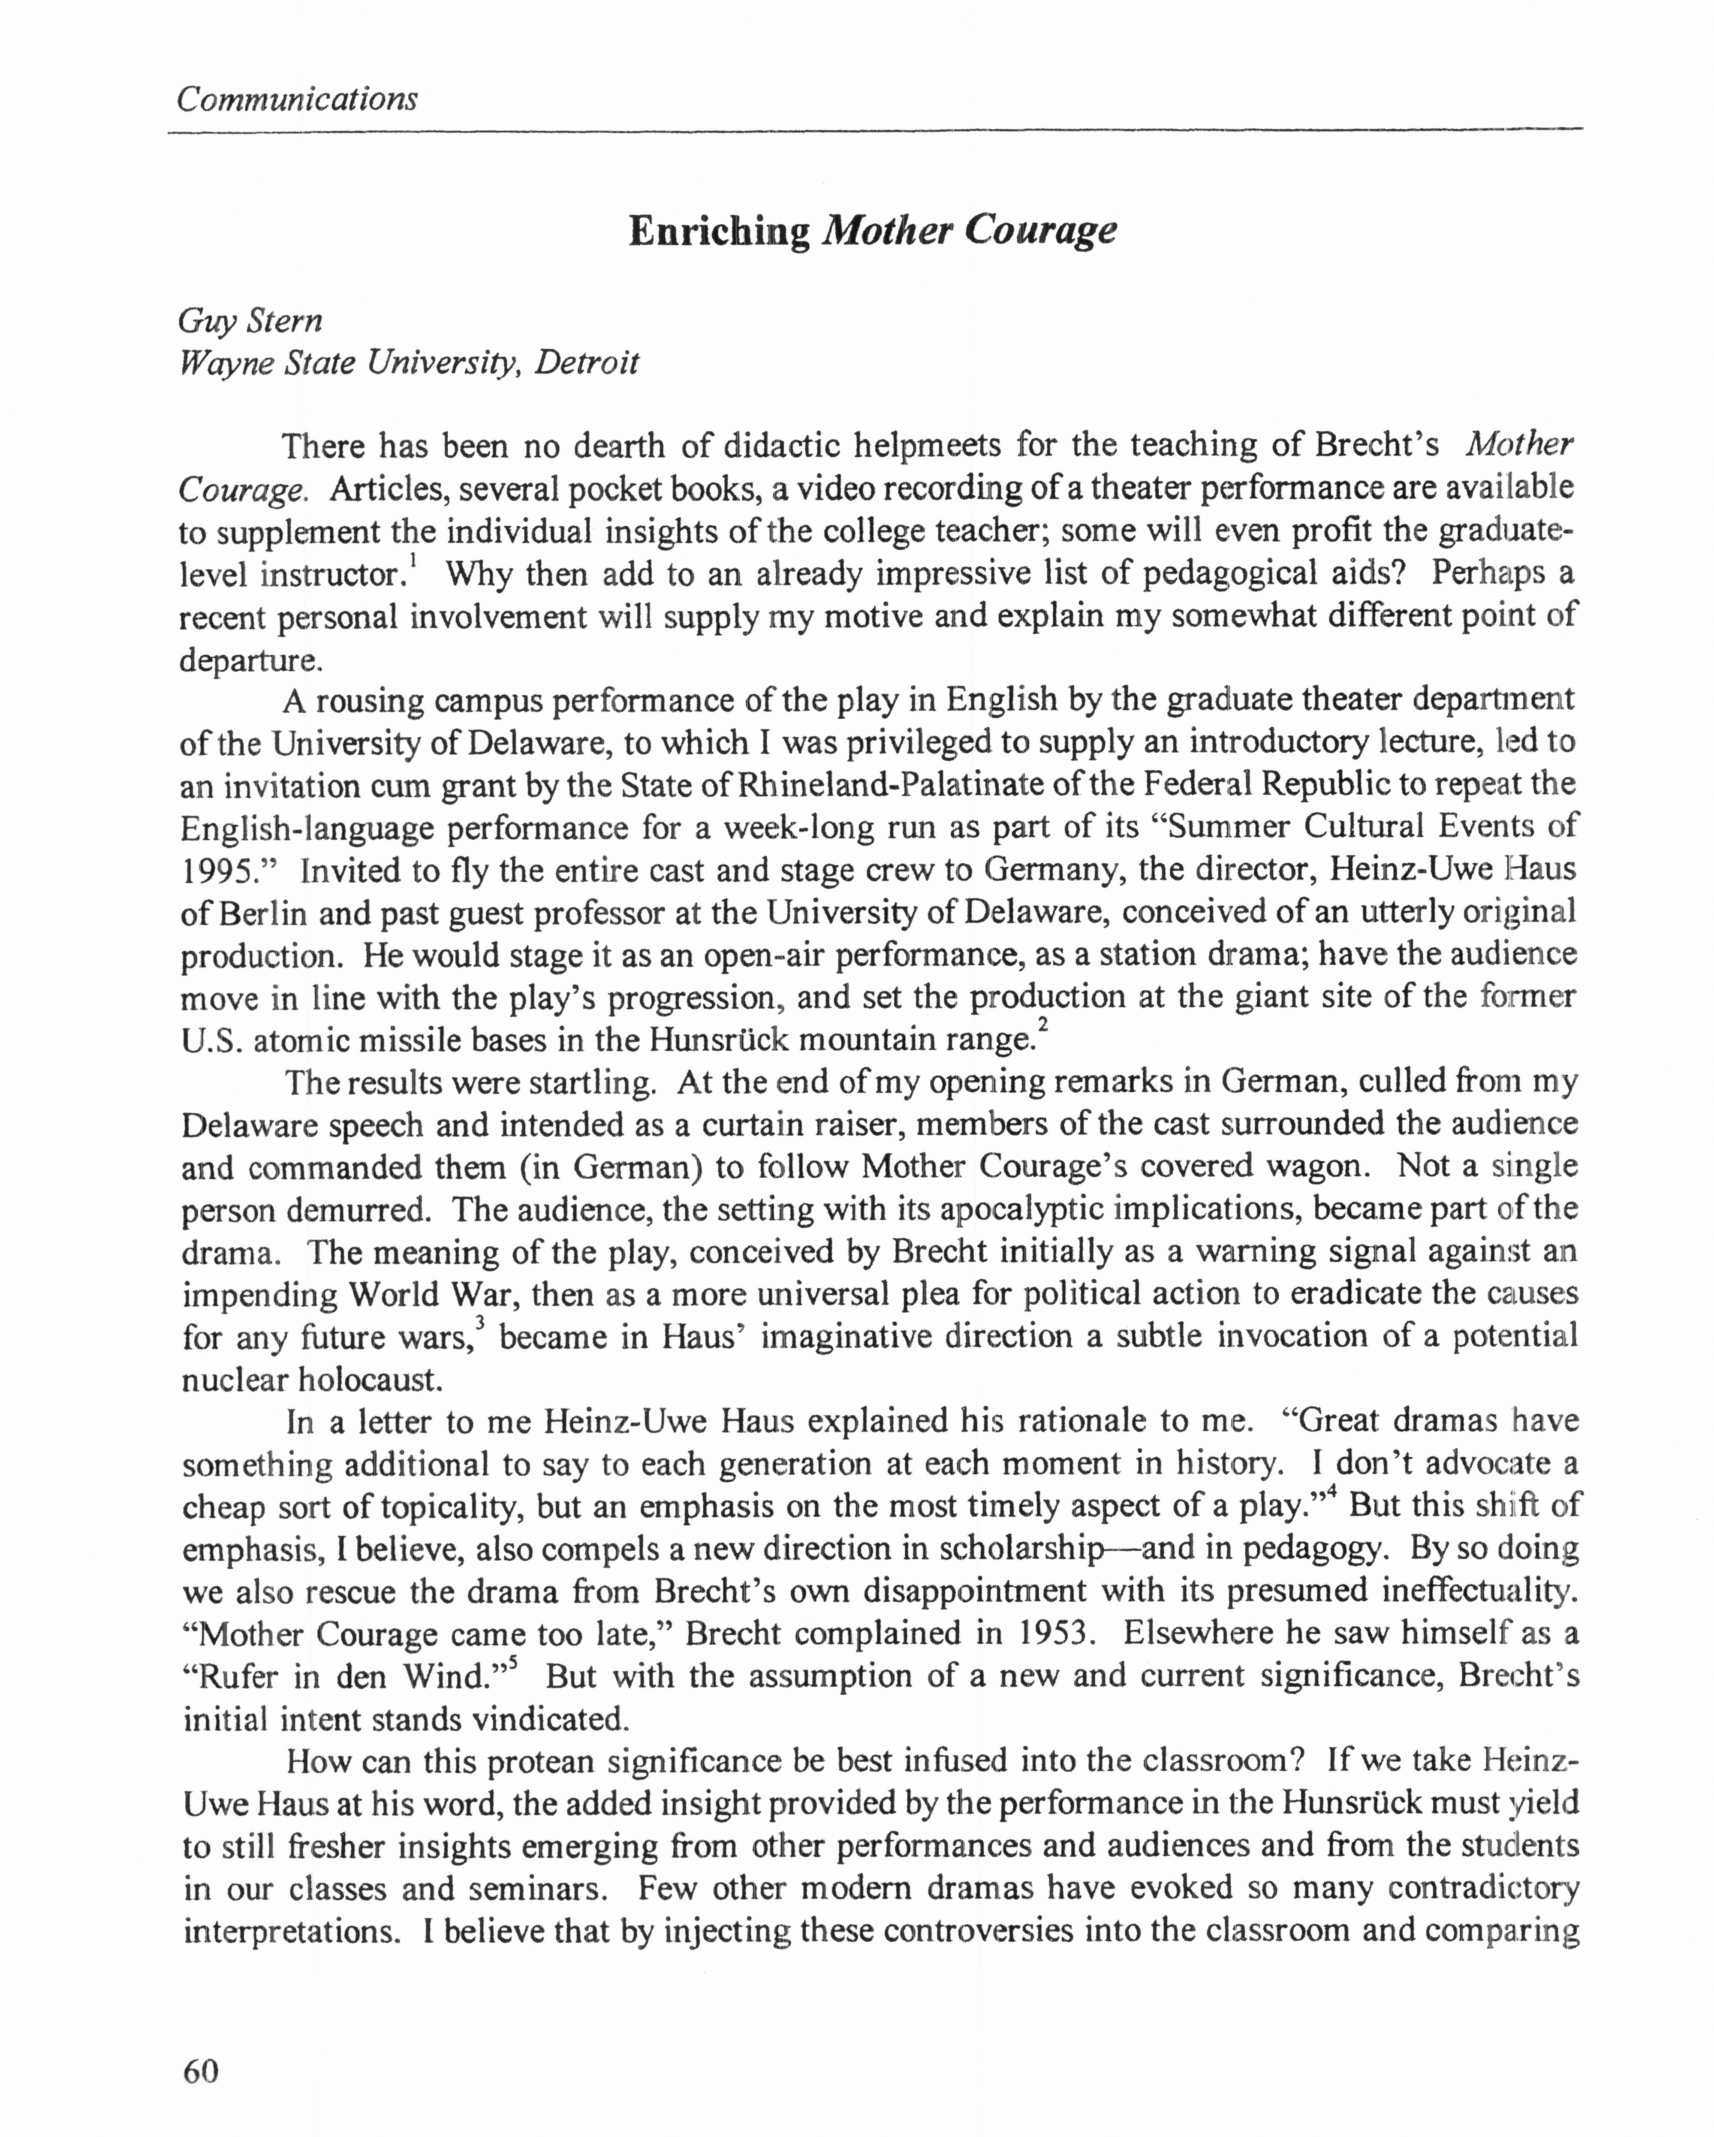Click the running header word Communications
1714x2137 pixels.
pos(296,99)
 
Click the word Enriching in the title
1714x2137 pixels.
pos(719,231)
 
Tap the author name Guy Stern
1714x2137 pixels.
pos(250,320)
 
